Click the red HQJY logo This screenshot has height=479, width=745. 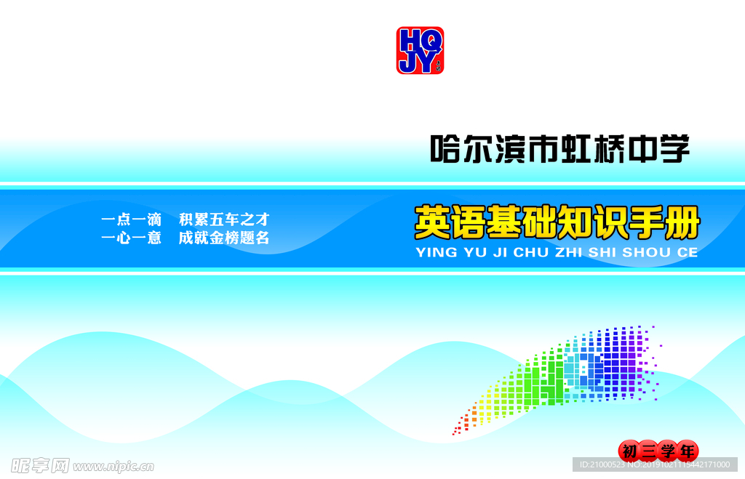420,50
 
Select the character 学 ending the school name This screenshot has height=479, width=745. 674,149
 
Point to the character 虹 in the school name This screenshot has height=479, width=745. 576,149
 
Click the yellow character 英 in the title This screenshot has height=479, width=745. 432,222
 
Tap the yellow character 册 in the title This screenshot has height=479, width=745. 682,222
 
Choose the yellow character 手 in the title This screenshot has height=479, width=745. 646,222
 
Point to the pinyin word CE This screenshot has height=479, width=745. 688,252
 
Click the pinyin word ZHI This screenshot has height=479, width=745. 569,252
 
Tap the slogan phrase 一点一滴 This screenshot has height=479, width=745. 132,220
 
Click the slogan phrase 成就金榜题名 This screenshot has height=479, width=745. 224,238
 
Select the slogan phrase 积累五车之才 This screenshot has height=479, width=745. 224,220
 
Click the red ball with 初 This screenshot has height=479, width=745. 629,451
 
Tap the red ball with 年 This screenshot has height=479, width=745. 687,451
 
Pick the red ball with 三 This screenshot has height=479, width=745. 648,451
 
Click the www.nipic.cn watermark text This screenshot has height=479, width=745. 113,467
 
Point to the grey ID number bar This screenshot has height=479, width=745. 656,464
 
